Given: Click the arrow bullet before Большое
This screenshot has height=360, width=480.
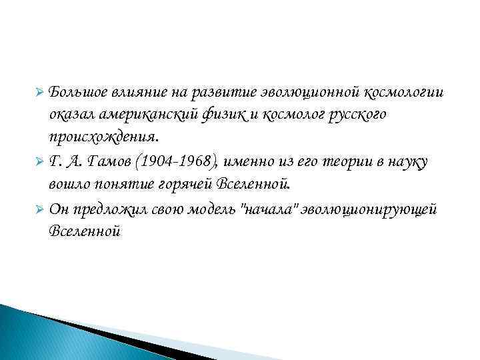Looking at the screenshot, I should coord(39,91).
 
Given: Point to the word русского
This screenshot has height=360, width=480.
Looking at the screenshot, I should coord(357,114).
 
